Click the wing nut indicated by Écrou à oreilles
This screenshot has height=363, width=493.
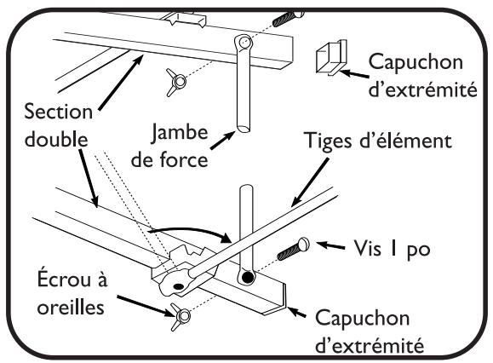point(180,316)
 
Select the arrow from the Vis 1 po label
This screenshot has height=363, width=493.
point(335,245)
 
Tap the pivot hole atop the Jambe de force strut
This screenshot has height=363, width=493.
point(244,42)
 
